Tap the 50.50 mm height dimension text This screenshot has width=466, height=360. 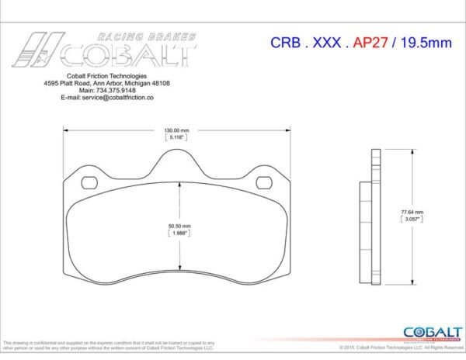point(179,226)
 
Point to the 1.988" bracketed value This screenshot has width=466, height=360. point(179,233)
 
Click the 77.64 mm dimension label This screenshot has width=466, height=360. point(412,212)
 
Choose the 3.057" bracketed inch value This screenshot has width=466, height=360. point(412,220)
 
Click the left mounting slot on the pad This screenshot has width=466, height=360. point(90,183)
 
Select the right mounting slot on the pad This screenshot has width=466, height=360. point(265,183)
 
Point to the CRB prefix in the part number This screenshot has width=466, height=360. point(286,43)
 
